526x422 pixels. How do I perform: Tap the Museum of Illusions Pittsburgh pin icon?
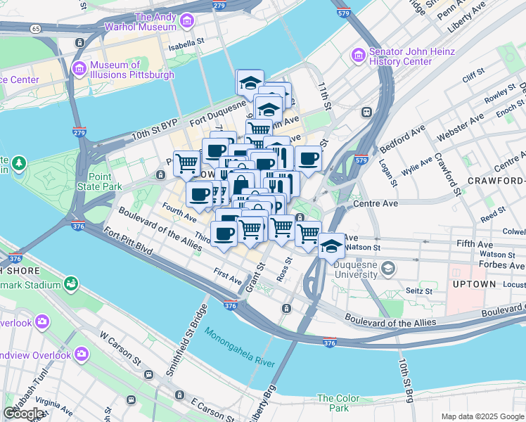click(x=79, y=69)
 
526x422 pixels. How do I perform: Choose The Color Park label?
click(x=333, y=403)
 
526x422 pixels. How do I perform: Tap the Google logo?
click(x=25, y=414)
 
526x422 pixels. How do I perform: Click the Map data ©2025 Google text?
click(x=482, y=416)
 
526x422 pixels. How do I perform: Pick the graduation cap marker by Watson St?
click(x=332, y=247)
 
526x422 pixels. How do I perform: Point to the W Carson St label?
click(x=124, y=351)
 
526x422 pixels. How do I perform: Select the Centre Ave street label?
click(x=376, y=203)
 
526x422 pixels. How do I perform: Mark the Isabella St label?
click(x=184, y=49)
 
